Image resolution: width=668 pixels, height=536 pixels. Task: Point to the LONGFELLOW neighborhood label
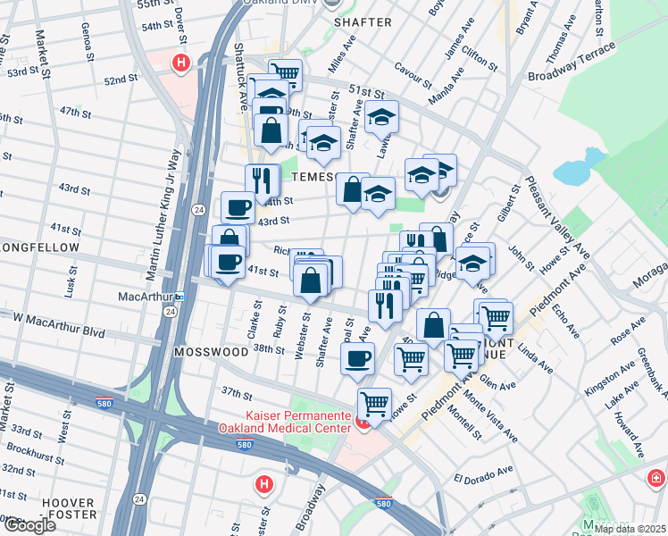click(40, 247)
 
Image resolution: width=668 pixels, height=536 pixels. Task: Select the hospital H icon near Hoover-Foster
click(263, 485)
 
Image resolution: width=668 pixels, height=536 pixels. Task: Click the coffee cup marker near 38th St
click(358, 358)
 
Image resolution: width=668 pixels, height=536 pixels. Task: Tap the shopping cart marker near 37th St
click(374, 402)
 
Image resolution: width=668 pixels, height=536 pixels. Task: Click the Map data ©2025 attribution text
click(630, 529)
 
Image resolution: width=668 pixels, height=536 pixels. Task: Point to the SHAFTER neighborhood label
click(363, 21)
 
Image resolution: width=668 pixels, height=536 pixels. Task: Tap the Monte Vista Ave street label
click(490, 422)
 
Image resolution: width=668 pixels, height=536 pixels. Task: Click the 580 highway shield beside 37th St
click(105, 404)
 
